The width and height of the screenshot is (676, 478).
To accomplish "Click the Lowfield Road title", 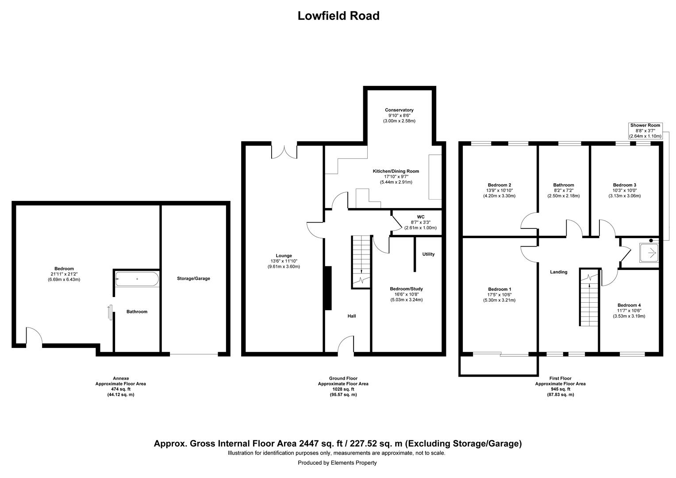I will (338, 16).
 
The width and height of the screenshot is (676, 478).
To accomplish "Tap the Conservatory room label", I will (399, 110).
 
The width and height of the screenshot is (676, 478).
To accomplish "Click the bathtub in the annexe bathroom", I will (137, 279).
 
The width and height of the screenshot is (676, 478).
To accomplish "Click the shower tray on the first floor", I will (649, 252).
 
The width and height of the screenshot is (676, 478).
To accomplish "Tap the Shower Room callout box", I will (645, 131).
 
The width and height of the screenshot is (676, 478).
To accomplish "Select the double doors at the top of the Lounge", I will (284, 151).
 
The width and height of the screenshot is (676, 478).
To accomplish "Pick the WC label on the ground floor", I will (420, 217).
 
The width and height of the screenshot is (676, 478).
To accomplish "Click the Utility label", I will (428, 254).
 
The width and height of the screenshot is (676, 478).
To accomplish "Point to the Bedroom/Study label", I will (406, 289).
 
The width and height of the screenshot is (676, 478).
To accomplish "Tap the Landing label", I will (558, 272).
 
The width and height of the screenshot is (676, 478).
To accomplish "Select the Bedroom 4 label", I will (629, 305).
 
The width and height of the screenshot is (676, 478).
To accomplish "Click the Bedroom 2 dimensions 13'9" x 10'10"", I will (499, 190).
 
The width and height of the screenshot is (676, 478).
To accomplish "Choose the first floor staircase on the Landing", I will (589, 299).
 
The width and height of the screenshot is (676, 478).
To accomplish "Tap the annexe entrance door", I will (34, 336).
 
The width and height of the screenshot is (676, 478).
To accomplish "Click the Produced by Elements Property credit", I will (337, 463).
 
